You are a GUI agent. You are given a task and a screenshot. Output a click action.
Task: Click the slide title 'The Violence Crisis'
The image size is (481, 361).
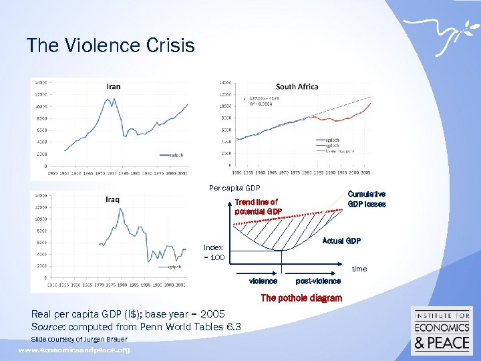[111, 45]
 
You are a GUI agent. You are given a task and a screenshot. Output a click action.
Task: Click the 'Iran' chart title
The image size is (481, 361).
[114, 86]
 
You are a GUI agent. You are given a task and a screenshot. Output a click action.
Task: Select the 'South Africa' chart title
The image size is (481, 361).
[297, 86]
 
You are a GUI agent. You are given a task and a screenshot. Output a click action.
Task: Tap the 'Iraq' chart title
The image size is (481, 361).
[113, 200]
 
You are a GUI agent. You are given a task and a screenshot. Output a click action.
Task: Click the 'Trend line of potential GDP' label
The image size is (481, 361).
[258, 207]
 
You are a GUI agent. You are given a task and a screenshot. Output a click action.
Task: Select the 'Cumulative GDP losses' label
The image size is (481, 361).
[366, 199]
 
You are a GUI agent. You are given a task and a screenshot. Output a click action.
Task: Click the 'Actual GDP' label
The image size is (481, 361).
[341, 241]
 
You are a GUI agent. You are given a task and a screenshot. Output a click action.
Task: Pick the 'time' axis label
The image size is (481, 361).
[359, 269]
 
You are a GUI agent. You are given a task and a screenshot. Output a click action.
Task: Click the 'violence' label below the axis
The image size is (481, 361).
[263, 281]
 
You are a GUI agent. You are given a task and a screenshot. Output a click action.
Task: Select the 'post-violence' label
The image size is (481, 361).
[318, 281]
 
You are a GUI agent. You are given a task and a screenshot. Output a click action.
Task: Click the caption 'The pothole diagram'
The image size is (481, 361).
[301, 298]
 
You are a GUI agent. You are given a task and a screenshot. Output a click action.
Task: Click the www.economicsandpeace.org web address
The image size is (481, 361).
[74, 350]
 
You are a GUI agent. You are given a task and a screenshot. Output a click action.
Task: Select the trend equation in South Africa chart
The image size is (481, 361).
[264, 100]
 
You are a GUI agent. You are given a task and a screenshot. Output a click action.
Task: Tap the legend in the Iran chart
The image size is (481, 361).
[172, 155]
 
